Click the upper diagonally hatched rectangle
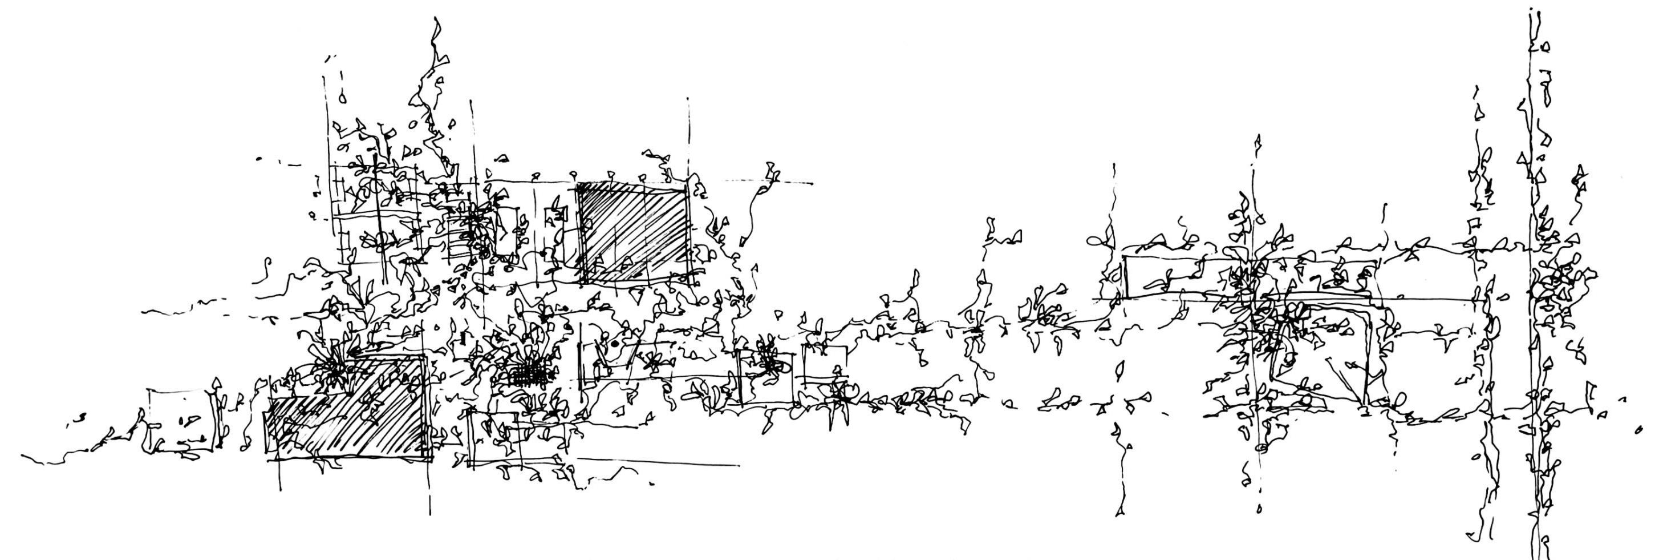(633, 233)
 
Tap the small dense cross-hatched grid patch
(532, 372)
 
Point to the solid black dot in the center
(615, 344)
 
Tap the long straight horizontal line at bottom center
(659, 461)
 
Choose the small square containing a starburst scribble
(766, 377)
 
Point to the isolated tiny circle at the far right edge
(1638, 429)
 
